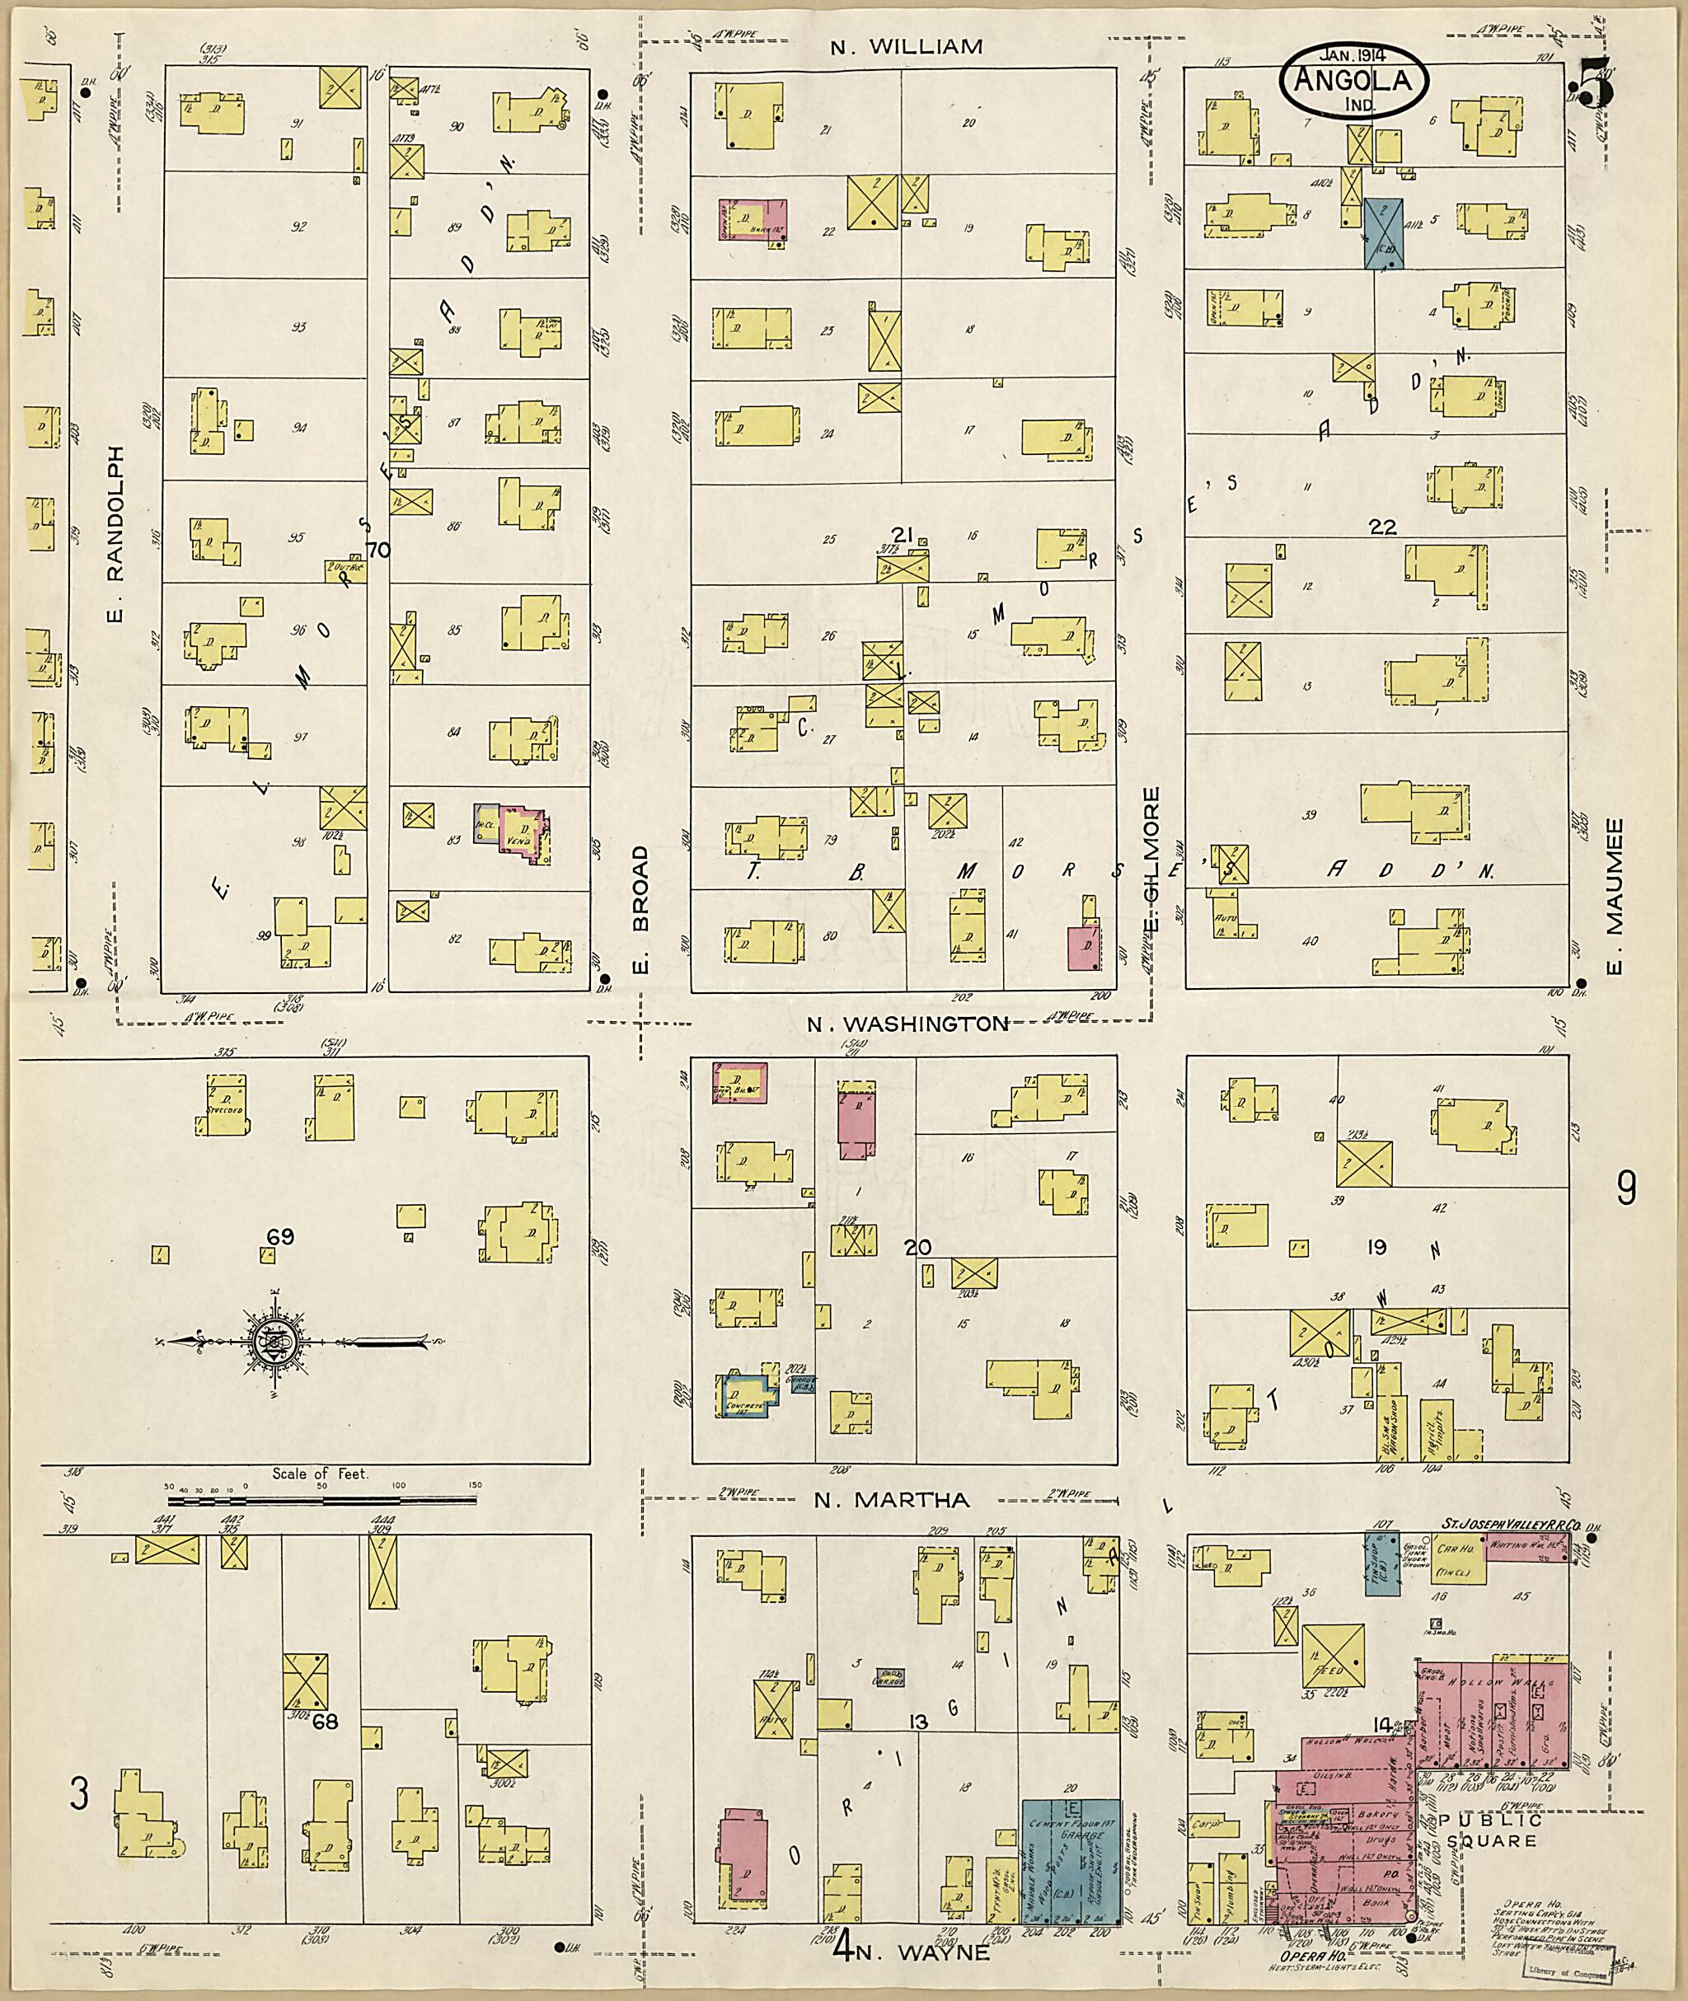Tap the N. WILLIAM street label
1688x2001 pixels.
pyautogui.click(x=905, y=47)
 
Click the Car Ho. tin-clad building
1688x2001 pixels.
pyautogui.click(x=1456, y=1559)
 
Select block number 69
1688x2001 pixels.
pyautogui.click(x=280, y=1237)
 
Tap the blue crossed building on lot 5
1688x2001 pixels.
pyautogui.click(x=1383, y=232)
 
